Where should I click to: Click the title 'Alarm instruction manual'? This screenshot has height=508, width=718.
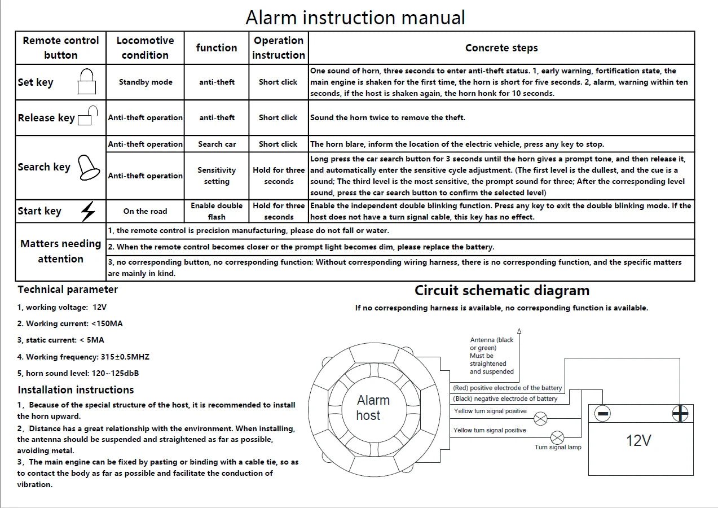355,17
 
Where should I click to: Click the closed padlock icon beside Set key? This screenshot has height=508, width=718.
86,82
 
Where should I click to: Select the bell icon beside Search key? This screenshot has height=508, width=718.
89,168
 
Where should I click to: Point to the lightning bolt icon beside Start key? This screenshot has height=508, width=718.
88,211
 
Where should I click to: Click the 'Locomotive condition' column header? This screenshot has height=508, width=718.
145,47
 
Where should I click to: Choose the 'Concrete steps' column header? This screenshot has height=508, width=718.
501,48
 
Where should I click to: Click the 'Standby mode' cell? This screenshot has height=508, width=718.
146,82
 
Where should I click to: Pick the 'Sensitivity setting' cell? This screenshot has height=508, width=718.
217,176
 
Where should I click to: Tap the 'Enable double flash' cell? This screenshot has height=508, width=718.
217,211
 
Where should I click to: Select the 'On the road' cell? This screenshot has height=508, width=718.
145,211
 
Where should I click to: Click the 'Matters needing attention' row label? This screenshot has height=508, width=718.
61,251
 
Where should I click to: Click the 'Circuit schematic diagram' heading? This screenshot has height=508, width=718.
501,291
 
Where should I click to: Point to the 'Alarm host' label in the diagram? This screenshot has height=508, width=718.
372,408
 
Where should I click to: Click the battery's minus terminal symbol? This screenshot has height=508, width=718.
603,414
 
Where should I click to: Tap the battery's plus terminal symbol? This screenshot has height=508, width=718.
680,414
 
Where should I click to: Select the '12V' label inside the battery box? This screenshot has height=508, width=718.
638,440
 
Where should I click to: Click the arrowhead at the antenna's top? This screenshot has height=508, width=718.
519,331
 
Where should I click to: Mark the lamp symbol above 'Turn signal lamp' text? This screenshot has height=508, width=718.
557,437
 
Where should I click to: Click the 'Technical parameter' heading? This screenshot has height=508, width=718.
68,290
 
